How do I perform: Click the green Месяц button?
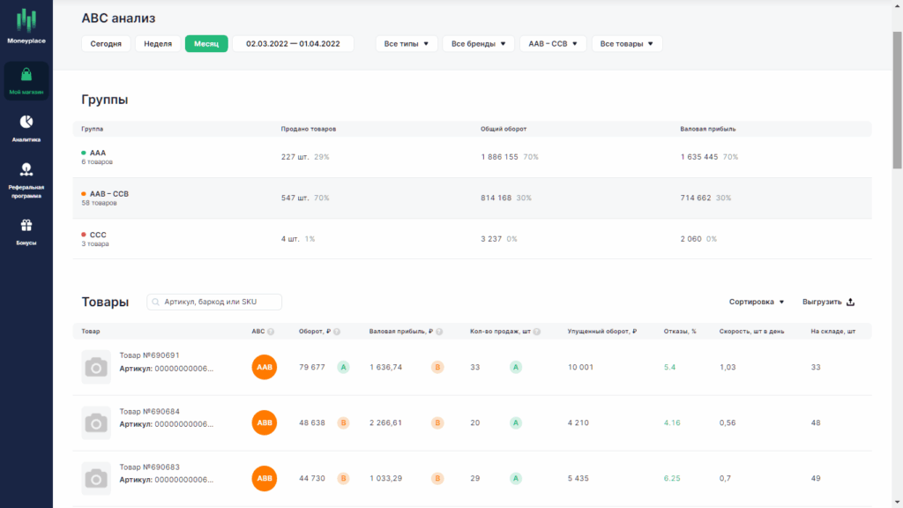point(206,44)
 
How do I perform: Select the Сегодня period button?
point(106,44)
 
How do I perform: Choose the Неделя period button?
point(158,44)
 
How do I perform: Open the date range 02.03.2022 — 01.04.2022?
point(293,44)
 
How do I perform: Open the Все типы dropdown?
point(407,44)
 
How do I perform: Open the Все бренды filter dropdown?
point(479,44)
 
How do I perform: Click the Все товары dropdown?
point(627,44)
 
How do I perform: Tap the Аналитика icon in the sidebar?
point(26,122)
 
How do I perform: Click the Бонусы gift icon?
point(26,225)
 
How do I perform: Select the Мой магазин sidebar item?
point(26,80)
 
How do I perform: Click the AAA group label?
point(98,153)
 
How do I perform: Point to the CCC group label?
point(98,235)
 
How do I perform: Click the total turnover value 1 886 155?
point(499,157)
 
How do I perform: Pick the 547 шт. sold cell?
point(295,198)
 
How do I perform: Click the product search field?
point(214,302)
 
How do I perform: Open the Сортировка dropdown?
point(756,302)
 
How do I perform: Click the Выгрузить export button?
point(828,302)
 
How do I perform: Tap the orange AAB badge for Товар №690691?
point(265,367)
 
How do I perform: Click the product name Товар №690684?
point(150,411)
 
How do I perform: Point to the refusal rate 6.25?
point(672,478)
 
